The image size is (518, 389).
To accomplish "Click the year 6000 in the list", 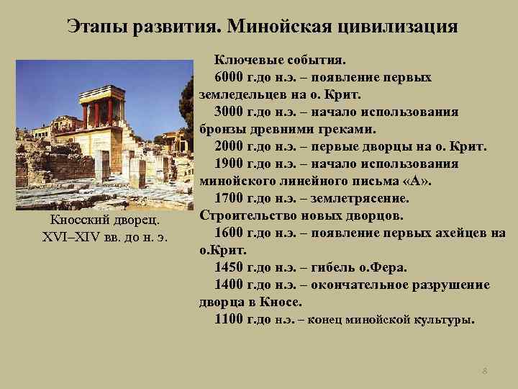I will click(x=230, y=77).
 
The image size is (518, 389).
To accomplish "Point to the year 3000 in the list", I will click(x=230, y=112).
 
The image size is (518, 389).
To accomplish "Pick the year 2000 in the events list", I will click(x=230, y=146).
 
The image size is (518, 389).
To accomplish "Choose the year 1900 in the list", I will click(x=230, y=164).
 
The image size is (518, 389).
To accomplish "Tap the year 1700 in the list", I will click(x=230, y=198).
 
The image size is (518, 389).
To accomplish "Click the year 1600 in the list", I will click(x=230, y=233).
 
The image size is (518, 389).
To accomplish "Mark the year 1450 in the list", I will click(x=230, y=267).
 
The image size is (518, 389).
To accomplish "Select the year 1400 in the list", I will click(x=230, y=285).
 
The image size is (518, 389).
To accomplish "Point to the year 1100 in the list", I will click(x=230, y=319).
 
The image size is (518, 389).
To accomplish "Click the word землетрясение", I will click(x=367, y=198).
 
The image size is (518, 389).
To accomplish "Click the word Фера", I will click(x=390, y=267).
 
